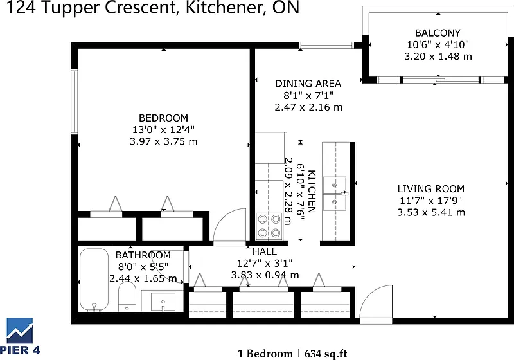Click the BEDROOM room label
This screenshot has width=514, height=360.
(163, 118)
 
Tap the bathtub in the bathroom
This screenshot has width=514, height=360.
(94, 280)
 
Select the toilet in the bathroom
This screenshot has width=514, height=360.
(127, 297)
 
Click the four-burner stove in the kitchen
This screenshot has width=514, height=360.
(269, 225)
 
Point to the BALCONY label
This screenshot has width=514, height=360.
(438, 33)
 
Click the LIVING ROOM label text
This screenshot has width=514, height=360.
(430, 188)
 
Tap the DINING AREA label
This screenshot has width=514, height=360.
(308, 84)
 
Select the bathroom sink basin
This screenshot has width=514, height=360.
(163, 301)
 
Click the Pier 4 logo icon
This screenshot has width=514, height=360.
(20, 330)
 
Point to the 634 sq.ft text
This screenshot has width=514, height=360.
(326, 354)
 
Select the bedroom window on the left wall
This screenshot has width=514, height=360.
(75, 102)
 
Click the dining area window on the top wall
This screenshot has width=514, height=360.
(326, 45)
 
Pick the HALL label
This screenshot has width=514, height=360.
(265, 251)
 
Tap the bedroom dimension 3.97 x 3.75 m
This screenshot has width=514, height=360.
(164, 141)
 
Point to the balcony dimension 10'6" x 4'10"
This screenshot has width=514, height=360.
(438, 44)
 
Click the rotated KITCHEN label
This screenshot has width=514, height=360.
(312, 191)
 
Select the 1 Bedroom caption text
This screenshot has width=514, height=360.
(265, 354)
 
